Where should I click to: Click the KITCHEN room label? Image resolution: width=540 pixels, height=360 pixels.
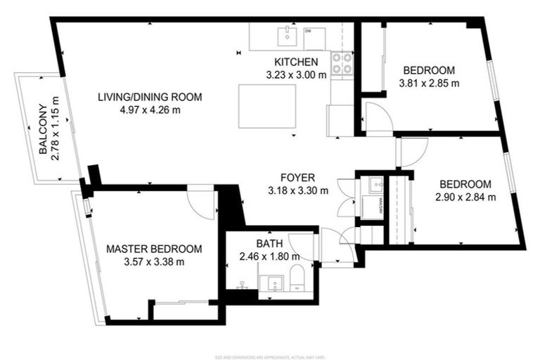(296, 61)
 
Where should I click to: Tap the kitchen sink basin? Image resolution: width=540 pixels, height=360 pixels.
(287, 36)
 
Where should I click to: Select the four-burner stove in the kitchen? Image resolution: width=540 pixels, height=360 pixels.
(342, 63)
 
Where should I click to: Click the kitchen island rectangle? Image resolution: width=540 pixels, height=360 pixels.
(266, 106)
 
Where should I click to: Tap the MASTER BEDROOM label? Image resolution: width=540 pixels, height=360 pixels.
(154, 249)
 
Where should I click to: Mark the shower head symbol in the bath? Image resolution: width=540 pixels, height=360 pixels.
(242, 285)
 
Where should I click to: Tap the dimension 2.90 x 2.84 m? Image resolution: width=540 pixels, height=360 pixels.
(466, 197)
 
